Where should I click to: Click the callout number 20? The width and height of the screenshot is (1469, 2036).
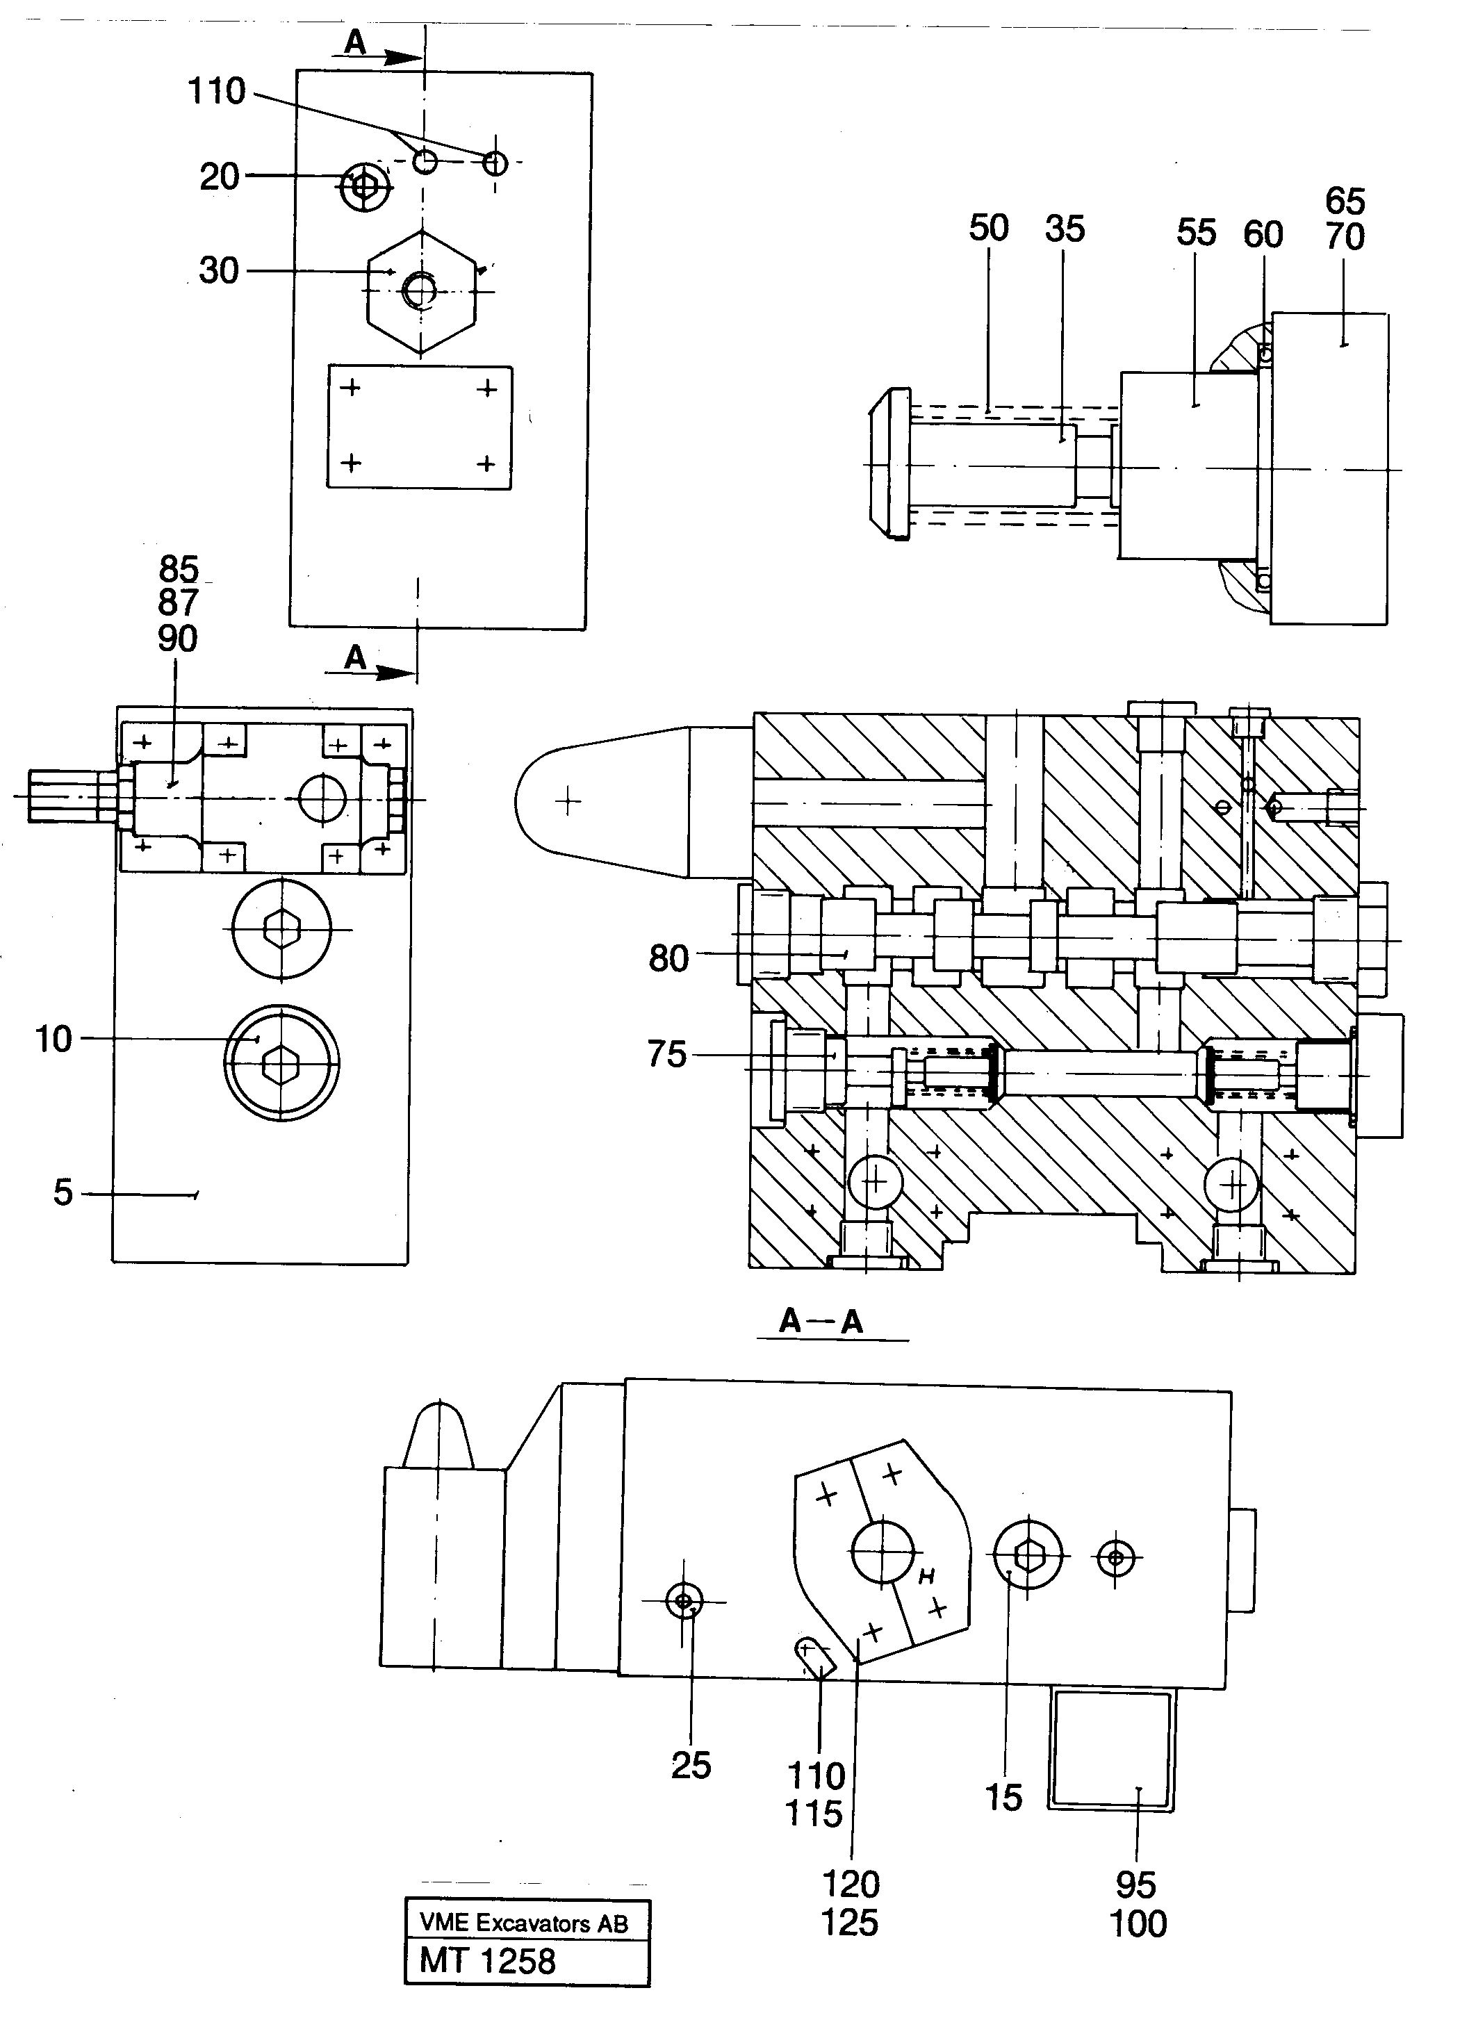[219, 177]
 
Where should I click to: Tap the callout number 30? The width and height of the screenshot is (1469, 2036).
[219, 270]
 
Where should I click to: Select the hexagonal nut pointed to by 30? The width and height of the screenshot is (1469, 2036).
[421, 292]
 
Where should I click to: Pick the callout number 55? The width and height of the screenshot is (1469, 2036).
[1196, 233]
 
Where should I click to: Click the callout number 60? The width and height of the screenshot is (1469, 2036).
[1263, 234]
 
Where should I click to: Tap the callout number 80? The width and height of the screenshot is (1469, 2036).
[668, 959]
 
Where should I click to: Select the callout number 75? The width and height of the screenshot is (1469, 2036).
[666, 1054]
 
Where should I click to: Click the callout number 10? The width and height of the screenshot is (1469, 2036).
[53, 1039]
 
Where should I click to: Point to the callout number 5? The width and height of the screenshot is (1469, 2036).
[62, 1193]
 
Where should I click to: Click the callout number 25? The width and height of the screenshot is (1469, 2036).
[691, 1765]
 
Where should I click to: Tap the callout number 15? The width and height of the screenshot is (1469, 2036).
[1003, 1797]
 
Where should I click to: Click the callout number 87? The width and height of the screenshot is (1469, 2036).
[178, 603]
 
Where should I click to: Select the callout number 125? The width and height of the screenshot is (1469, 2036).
[849, 1922]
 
